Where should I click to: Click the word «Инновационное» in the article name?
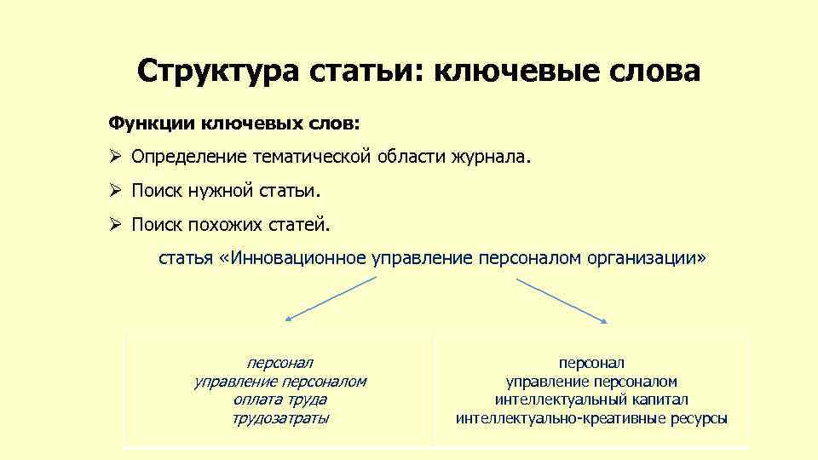(x=298, y=257)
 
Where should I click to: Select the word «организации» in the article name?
(x=643, y=257)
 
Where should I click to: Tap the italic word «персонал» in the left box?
(x=279, y=363)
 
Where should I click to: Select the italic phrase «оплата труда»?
(x=279, y=400)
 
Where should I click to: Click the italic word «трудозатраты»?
(x=279, y=418)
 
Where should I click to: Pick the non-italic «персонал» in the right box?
(x=591, y=363)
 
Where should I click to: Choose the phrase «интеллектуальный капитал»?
(x=591, y=400)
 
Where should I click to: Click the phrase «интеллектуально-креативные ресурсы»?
(x=591, y=418)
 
